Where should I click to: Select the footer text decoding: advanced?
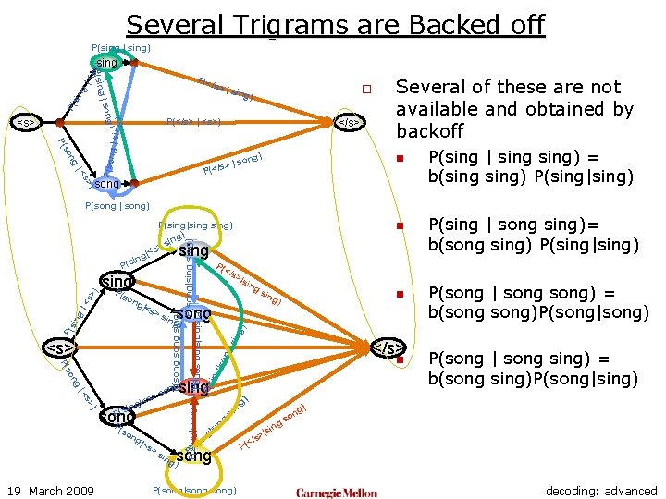coord(601,491)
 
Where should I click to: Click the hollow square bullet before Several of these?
coord(366,90)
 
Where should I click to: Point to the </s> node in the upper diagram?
coord(348,121)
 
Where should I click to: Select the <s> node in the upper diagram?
coord(26,121)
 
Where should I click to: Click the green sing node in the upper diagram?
coord(107,63)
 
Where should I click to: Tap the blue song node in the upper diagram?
coord(107,184)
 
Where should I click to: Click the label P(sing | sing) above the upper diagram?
coord(121,47)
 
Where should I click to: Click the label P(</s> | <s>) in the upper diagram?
coord(193,121)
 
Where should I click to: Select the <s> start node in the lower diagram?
coord(60,348)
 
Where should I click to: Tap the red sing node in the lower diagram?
coord(193,387)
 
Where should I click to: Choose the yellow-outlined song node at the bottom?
coord(193,456)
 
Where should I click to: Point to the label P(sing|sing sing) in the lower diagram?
coord(195,225)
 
